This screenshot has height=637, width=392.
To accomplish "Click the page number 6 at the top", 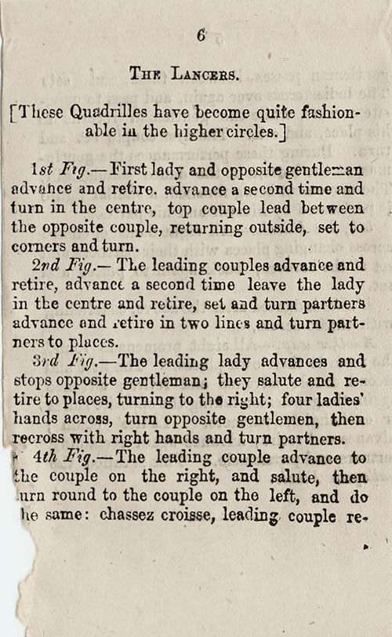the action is tap(201, 35).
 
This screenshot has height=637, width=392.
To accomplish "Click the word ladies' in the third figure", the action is tap(339, 400).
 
